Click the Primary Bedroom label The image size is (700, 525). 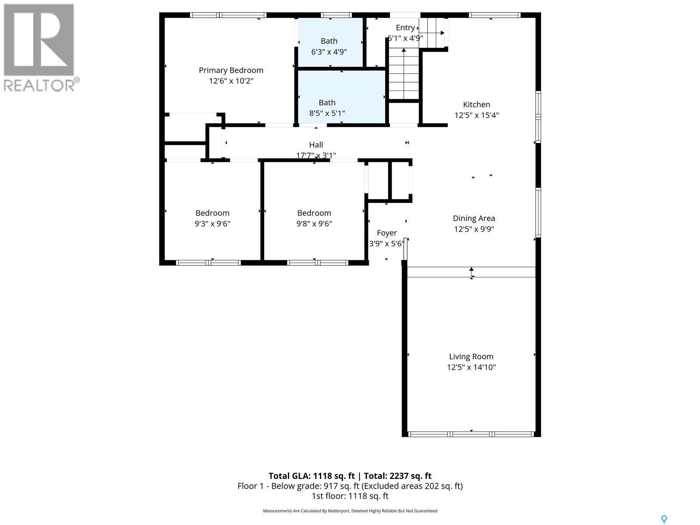point(231,70)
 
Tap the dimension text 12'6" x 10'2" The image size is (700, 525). point(231,81)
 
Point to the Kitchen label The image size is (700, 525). point(476,104)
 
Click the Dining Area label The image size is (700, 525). point(474,218)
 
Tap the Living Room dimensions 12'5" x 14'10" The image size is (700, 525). point(471,367)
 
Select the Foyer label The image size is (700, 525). point(387,233)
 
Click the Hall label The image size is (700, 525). point(316,144)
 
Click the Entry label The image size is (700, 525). point(405,28)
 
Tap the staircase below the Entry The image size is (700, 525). point(404,74)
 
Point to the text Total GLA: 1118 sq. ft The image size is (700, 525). point(311,476)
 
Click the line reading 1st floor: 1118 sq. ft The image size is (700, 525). point(350,496)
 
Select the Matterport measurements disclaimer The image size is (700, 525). point(350,511)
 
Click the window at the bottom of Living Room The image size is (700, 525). point(471,434)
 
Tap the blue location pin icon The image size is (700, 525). point(664,519)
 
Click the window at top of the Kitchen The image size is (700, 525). point(494,15)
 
